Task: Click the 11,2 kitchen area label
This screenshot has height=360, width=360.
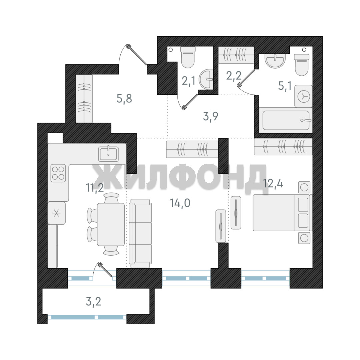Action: tap(95, 188)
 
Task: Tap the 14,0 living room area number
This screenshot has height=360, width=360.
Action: tap(180, 203)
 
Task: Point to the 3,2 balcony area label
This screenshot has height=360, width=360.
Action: tap(93, 301)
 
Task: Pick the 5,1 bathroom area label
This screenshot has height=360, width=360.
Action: tap(285, 86)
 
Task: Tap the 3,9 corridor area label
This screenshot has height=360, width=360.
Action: tap(211, 116)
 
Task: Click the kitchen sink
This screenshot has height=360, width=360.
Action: tap(109, 154)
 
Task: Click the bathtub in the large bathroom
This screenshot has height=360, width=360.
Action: tap(286, 120)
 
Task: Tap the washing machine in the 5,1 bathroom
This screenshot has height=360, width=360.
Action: tap(303, 96)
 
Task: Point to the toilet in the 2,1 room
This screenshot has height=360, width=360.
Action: tap(188, 57)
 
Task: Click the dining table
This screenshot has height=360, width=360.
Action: tap(111, 225)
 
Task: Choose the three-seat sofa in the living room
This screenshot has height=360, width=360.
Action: tap(140, 233)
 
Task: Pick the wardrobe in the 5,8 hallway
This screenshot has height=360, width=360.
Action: tap(84, 98)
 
